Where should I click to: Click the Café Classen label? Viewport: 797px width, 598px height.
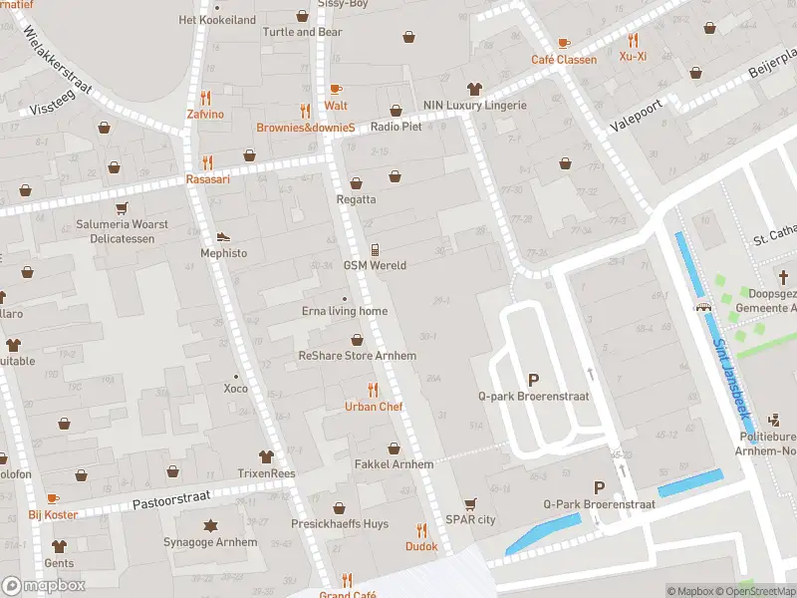pyautogui.click(x=564, y=60)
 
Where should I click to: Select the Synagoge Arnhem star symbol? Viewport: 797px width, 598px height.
pyautogui.click(x=210, y=525)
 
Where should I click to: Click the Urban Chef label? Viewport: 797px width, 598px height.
pyautogui.click(x=374, y=407)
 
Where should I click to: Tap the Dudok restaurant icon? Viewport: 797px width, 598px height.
pyautogui.click(x=421, y=530)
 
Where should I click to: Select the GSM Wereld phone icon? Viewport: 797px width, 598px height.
pyautogui.click(x=375, y=249)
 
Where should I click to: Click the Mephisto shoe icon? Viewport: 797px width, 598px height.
pyautogui.click(x=223, y=236)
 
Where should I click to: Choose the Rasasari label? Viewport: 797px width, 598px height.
pyautogui.click(x=208, y=179)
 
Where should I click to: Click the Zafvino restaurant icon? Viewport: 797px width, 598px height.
pyautogui.click(x=205, y=98)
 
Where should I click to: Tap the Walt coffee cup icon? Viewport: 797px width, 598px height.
pyautogui.click(x=336, y=89)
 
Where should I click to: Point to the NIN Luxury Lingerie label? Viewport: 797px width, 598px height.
pyautogui.click(x=474, y=106)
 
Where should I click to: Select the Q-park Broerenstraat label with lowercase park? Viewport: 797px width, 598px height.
pyautogui.click(x=533, y=397)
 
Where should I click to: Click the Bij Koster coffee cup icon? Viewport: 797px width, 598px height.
pyautogui.click(x=53, y=498)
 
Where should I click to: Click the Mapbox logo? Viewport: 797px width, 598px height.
pyautogui.click(x=44, y=586)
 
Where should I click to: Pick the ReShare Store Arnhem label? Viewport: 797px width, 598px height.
pyautogui.click(x=357, y=356)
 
